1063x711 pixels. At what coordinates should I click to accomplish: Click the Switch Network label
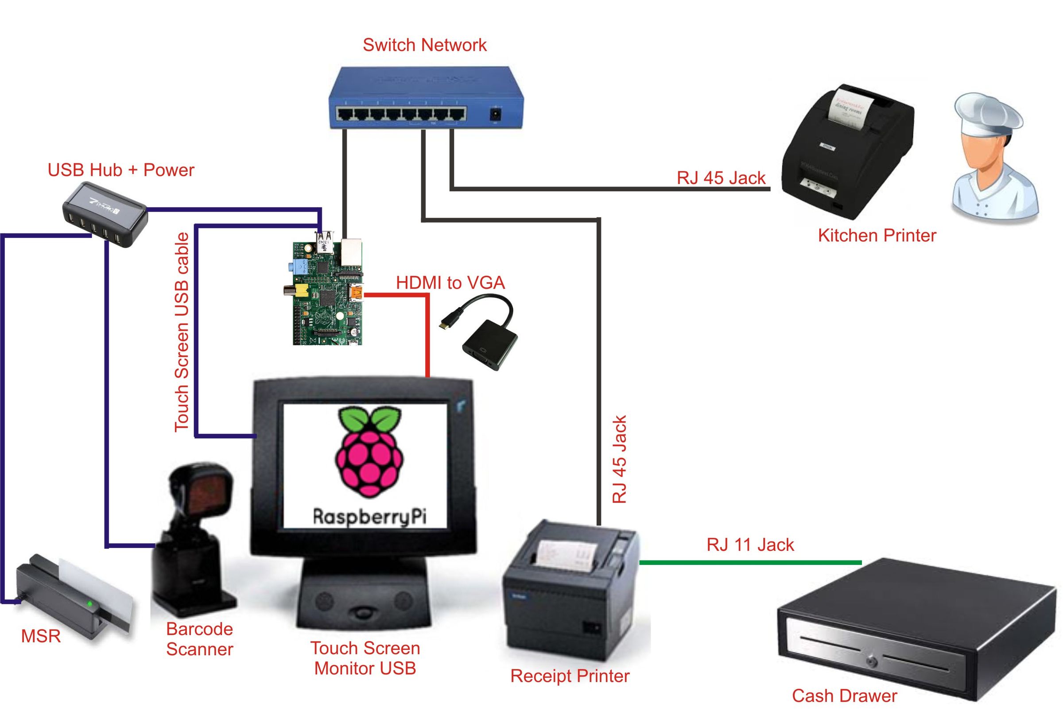pos(424,45)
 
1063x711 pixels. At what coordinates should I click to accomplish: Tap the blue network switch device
pos(426,97)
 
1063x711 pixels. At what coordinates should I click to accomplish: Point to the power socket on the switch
pos(496,113)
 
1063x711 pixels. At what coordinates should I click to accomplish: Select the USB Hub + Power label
pos(120,170)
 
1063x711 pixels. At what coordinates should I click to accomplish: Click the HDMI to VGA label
pos(450,282)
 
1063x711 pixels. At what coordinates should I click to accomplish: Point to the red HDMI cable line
pos(427,336)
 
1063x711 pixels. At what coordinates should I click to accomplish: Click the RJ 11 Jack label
pos(750,545)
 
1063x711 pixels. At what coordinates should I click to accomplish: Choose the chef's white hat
pos(988,114)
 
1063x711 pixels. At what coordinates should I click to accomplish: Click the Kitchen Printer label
pos(877,236)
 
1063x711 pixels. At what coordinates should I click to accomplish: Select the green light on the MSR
pos(90,604)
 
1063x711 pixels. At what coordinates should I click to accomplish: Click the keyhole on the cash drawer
pos(872,661)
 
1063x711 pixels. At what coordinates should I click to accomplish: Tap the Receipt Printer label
pos(570,676)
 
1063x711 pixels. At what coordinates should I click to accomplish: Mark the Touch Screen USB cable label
pos(182,332)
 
